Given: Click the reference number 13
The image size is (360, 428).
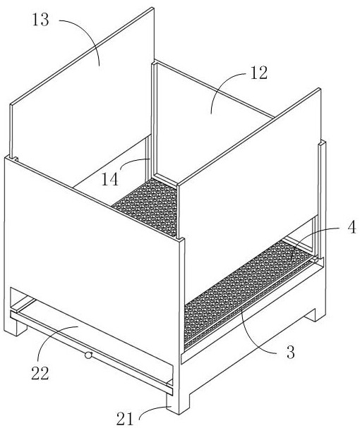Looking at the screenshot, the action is [41, 20].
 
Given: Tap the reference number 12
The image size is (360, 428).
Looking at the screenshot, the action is [258, 73].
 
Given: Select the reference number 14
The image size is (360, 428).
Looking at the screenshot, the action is [110, 180].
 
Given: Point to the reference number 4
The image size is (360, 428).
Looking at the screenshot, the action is [352, 227].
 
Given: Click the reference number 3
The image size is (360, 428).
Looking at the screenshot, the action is [291, 352].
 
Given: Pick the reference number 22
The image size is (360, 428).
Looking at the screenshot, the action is [40, 373].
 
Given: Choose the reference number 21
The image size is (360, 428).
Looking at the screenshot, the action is [126, 418].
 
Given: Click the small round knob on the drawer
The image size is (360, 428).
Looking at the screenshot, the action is [88, 355].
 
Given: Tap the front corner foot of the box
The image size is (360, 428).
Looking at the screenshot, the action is [178, 403].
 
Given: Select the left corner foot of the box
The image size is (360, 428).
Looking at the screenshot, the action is [16, 326].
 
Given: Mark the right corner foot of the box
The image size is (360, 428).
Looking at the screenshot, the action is [316, 314].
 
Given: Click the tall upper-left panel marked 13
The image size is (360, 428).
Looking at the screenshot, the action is [82, 90].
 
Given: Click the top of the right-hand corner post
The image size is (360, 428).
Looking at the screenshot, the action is [323, 142].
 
